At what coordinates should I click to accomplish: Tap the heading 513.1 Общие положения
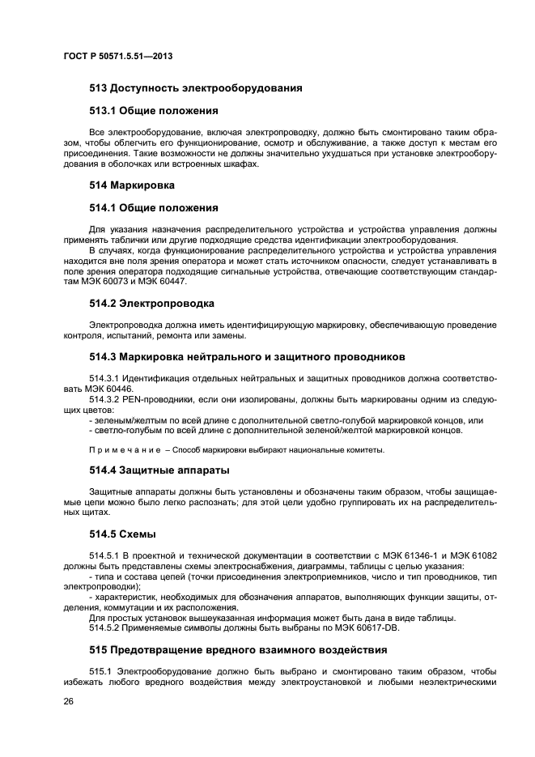tap(154, 110)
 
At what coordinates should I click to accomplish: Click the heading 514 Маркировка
tap(132, 185)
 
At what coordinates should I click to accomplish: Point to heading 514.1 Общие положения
tap(154, 207)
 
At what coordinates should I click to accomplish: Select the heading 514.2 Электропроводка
tap(151, 304)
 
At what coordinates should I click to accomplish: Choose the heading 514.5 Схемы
tap(122, 534)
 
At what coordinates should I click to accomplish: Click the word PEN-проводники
tap(165, 399)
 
